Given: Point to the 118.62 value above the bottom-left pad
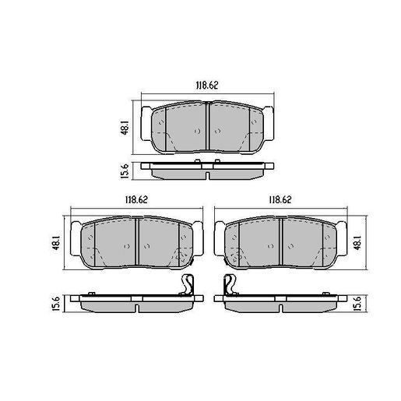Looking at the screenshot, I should (137, 200).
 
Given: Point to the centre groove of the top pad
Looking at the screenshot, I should (207, 128).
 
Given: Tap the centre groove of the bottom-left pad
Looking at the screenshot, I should (137, 241).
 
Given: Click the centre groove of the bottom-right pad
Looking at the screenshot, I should (280, 241).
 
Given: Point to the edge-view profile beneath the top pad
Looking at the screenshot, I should (207, 169).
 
